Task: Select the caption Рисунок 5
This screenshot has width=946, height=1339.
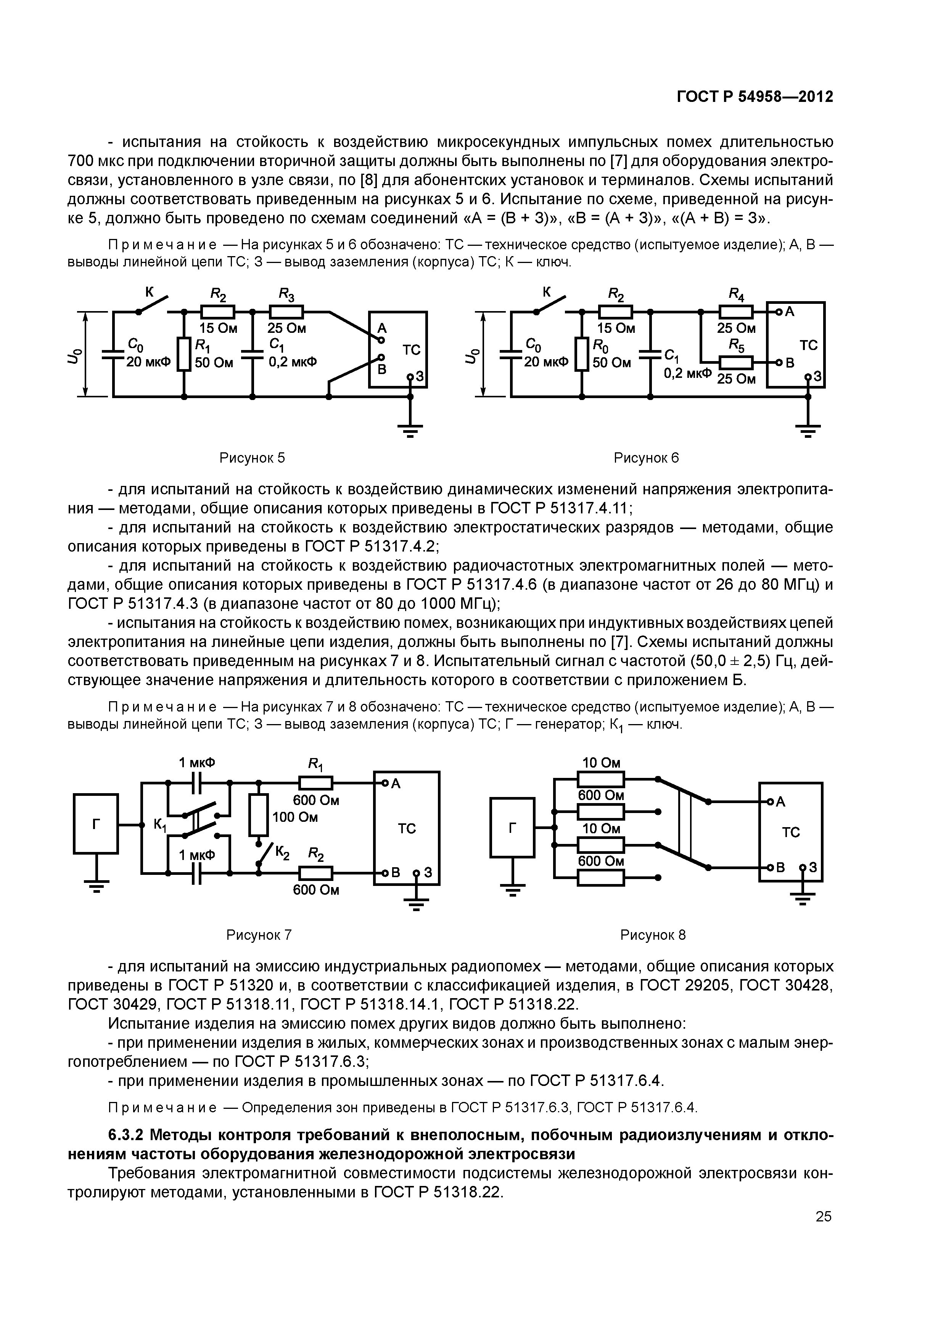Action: click(x=252, y=458)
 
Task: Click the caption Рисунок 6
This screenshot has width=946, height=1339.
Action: click(x=647, y=458)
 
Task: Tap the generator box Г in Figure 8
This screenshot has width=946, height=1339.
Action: click(x=512, y=827)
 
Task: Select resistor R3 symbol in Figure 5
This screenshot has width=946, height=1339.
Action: click(x=286, y=312)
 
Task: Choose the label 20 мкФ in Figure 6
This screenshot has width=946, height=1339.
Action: click(x=545, y=362)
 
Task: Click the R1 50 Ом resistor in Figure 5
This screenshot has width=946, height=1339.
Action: click(x=184, y=354)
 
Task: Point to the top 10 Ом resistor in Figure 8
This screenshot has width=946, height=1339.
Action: click(x=601, y=779)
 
